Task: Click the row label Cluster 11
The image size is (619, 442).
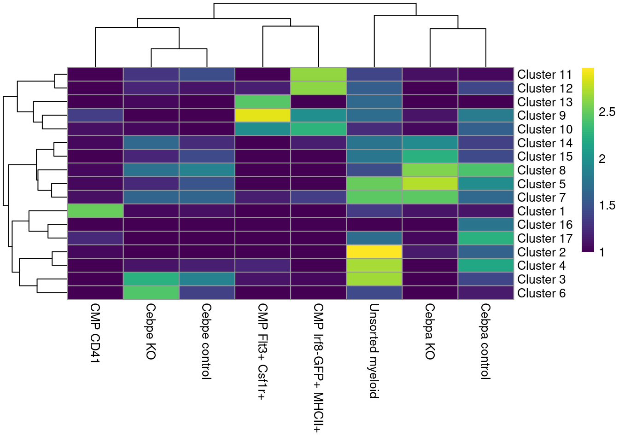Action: (544, 75)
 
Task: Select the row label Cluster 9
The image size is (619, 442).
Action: (541, 116)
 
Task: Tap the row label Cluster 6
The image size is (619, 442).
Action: (541, 293)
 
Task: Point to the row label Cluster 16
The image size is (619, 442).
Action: (544, 225)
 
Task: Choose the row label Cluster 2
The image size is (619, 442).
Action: (541, 252)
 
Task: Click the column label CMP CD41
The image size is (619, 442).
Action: (95, 332)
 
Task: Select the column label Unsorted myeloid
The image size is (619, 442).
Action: (374, 350)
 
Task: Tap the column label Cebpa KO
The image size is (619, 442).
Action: (430, 331)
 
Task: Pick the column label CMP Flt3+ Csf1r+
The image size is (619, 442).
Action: (263, 351)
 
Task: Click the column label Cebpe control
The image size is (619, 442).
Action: (206, 341)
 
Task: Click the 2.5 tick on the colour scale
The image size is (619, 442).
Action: (607, 112)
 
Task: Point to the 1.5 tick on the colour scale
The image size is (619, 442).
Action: (607, 205)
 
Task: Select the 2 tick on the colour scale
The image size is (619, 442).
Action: (602, 159)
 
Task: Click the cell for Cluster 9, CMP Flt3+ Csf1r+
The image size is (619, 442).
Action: (263, 116)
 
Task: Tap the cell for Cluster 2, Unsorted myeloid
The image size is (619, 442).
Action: (374, 252)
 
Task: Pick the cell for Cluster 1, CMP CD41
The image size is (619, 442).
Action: (95, 211)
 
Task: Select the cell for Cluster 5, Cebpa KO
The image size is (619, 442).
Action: (430, 184)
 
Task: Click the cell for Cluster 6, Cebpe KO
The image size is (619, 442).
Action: (151, 293)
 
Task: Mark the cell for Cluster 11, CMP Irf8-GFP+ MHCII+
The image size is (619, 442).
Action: (318, 75)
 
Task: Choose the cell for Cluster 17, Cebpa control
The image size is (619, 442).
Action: (485, 238)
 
